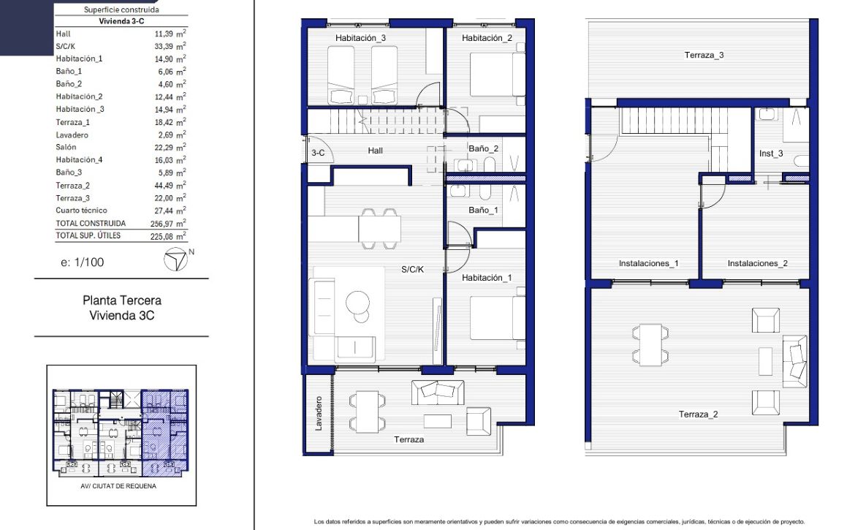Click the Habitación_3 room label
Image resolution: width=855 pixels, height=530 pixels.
(x=360, y=38)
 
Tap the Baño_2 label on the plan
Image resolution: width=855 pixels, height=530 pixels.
(x=484, y=148)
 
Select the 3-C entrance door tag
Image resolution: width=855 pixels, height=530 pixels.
(x=318, y=153)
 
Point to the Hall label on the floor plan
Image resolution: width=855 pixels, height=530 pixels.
(x=375, y=151)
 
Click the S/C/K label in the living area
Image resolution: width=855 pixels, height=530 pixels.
(x=412, y=269)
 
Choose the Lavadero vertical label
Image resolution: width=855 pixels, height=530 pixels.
(x=319, y=413)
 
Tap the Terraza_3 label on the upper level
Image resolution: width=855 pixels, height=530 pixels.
(x=704, y=55)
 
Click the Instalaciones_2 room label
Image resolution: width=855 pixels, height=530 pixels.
(x=757, y=263)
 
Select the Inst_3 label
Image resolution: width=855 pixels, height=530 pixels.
(x=771, y=154)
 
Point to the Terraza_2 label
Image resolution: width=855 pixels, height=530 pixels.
(x=698, y=414)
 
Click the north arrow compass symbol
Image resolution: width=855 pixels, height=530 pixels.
(x=175, y=260)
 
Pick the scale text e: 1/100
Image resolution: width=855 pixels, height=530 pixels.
(x=83, y=262)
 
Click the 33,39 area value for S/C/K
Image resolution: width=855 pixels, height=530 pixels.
(x=164, y=46)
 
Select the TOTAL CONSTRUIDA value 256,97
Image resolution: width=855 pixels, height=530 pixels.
(x=161, y=224)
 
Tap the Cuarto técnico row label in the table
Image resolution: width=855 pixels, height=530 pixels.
(x=81, y=211)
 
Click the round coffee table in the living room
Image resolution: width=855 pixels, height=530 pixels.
(x=357, y=301)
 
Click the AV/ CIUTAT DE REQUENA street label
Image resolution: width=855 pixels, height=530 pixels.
(x=118, y=486)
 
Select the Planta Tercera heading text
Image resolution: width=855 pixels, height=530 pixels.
(x=122, y=300)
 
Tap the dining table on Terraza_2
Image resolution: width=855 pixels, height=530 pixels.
(x=650, y=345)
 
